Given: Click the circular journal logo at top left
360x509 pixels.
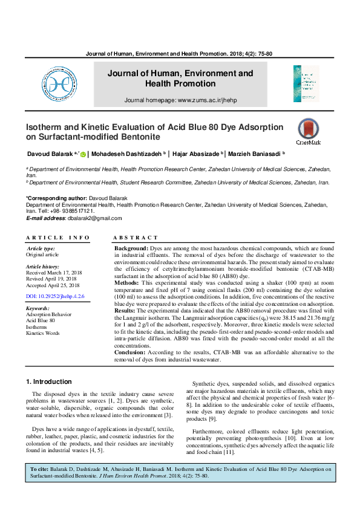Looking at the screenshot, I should [59, 84].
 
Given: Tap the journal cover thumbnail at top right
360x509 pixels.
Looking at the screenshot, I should [306, 84].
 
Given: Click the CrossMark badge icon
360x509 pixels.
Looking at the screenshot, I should [309, 132].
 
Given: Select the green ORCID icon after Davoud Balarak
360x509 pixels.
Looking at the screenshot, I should [83, 154].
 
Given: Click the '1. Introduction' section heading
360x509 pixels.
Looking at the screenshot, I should [50, 382].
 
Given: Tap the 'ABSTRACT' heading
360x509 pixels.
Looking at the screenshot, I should [136, 238].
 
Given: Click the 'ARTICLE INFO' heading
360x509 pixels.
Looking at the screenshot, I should [57, 238].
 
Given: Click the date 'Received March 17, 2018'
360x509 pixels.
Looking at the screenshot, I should [53, 273].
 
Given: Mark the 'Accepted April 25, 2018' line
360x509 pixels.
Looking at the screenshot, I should [53, 285].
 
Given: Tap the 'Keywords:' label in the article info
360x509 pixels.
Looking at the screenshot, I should [38, 308].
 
